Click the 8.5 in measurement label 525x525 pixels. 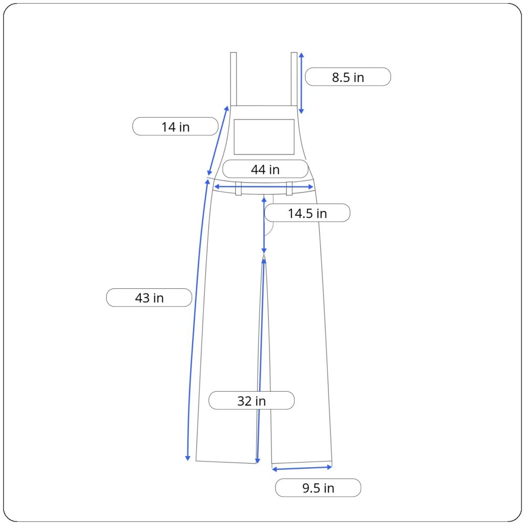pos(348,77)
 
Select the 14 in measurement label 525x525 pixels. pos(175,127)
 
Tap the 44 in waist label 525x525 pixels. pos(265,169)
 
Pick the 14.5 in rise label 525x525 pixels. pos(307,213)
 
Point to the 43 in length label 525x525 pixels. pos(149,298)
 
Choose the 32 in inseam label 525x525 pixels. pos(251,401)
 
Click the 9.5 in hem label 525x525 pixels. pos(318,488)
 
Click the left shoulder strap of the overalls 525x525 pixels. pos(234,79)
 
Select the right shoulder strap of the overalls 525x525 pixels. pos(294,79)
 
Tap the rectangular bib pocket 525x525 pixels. pos(264,137)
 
